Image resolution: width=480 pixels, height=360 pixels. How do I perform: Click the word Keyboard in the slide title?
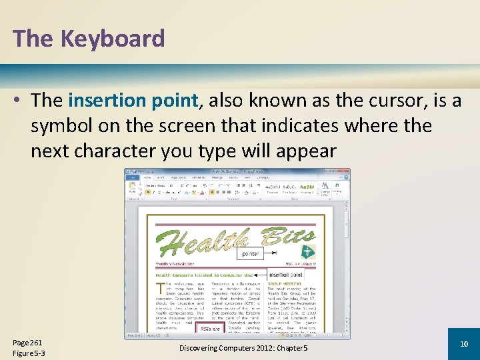point(113,39)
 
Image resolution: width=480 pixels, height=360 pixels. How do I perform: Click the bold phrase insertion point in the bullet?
point(133,101)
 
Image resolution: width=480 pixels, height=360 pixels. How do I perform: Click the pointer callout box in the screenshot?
point(251,253)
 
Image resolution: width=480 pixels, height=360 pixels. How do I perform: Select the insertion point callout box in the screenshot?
point(286,275)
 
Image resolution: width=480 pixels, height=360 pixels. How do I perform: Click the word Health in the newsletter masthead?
point(200,243)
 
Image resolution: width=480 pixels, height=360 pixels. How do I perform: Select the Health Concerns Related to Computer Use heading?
point(204,275)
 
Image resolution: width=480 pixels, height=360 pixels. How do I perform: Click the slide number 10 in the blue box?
point(464,343)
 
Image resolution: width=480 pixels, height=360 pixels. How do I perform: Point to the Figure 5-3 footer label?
point(29,353)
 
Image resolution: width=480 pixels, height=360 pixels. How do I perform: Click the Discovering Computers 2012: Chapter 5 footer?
point(243,348)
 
